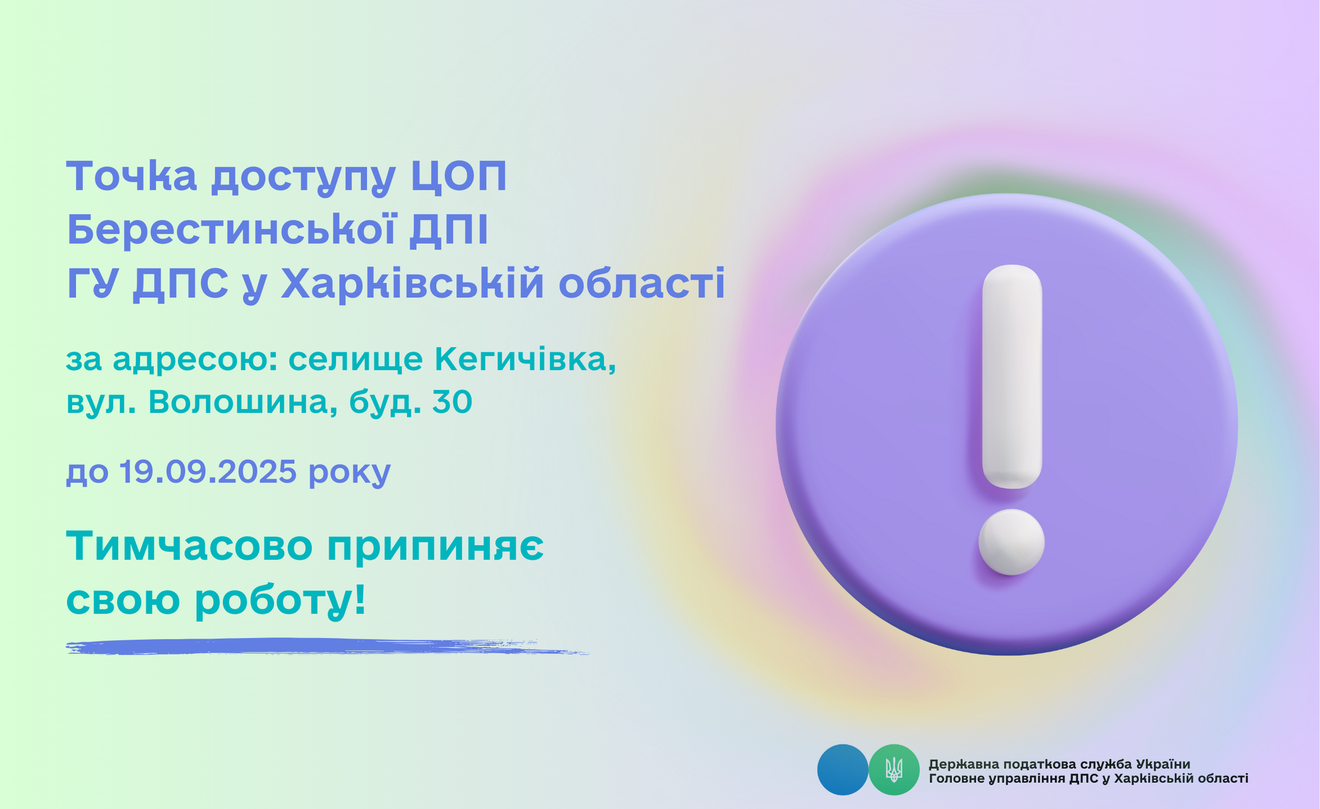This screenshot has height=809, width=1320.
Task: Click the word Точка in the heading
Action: (132, 176)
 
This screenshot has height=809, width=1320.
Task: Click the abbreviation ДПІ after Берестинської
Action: (449, 231)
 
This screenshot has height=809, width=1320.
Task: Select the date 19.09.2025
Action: (208, 471)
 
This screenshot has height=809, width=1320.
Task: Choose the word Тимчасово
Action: (190, 546)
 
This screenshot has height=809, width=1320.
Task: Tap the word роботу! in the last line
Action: (280, 601)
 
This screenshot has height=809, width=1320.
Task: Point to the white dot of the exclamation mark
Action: (1011, 542)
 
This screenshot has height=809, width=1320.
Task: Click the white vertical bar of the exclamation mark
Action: (1012, 377)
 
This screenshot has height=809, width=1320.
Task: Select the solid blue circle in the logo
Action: (842, 770)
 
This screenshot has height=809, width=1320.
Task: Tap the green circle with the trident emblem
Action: (894, 770)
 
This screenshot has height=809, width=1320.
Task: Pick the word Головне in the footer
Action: (954, 779)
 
